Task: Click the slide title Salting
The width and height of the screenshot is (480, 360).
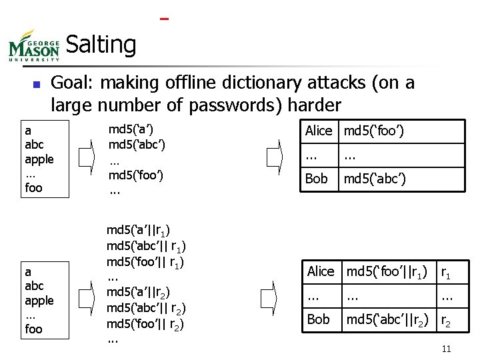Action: point(101,45)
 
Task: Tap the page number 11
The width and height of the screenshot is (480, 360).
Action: point(447,349)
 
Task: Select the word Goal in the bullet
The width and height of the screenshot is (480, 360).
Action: point(69,83)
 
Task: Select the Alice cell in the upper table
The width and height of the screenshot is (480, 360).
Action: point(319,131)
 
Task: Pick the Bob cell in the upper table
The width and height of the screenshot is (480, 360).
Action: point(316,179)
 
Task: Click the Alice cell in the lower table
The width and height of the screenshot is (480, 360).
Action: point(321,271)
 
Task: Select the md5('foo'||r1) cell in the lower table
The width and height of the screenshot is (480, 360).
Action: point(387,271)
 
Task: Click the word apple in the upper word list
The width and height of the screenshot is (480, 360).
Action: point(39,159)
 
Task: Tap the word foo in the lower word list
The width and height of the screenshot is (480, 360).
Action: point(33,329)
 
